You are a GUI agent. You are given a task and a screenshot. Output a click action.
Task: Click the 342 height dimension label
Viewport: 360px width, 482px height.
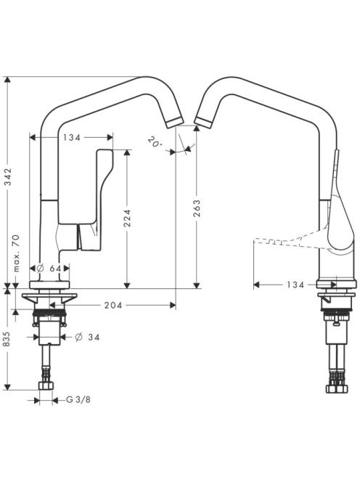[x=9, y=176]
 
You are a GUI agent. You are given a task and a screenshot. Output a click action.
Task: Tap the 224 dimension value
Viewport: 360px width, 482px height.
[x=127, y=218]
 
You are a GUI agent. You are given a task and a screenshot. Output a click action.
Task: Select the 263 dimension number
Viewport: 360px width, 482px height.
[x=197, y=208]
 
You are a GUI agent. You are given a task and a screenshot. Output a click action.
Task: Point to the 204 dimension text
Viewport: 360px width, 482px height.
[x=113, y=306]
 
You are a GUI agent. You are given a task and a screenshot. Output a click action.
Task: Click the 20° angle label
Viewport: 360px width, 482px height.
[x=155, y=142]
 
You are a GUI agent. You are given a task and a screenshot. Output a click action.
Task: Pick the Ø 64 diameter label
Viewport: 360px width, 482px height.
[x=49, y=269]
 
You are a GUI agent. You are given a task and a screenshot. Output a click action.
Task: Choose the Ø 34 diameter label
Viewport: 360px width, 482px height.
[x=87, y=338]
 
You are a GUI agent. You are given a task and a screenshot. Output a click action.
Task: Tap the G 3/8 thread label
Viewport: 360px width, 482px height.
[x=78, y=400]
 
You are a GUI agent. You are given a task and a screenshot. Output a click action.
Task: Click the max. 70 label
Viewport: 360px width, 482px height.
[x=16, y=253]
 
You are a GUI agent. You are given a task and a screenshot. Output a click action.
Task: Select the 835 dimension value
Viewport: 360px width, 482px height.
[x=7, y=339]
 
